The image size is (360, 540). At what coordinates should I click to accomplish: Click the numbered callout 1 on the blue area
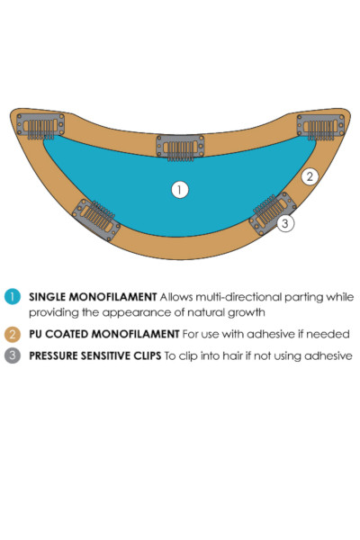(180, 190)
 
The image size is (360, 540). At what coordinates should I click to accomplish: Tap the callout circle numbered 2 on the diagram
(310, 176)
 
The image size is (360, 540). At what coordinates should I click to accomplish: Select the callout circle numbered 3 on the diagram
(285, 223)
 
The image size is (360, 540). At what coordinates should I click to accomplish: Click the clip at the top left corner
(40, 126)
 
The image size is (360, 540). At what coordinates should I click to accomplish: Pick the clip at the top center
(180, 148)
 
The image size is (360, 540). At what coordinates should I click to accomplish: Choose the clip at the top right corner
(320, 127)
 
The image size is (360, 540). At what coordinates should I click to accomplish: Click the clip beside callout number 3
(273, 213)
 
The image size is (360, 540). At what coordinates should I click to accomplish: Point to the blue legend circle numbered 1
(13, 297)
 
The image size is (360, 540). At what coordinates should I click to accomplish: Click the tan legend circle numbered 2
(13, 335)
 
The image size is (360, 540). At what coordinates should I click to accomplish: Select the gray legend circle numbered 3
(13, 355)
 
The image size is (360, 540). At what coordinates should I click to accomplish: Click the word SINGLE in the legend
(47, 297)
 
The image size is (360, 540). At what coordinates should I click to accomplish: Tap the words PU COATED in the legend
(59, 334)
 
